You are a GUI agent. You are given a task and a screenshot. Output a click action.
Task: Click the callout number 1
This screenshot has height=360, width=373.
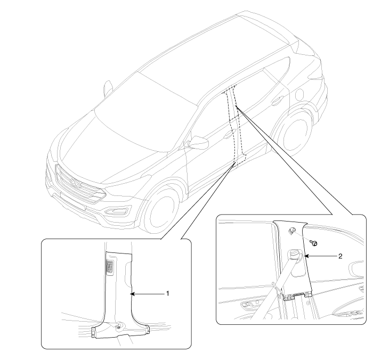click(167, 293)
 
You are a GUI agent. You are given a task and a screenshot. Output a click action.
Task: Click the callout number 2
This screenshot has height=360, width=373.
click(340, 256)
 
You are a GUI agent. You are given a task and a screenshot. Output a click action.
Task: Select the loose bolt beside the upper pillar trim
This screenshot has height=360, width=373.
click(314, 243)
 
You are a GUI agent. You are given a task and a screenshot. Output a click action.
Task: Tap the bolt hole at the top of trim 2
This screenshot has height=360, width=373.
click(291, 230)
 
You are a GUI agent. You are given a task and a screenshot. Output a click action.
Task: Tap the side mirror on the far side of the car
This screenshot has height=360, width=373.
click(109, 88)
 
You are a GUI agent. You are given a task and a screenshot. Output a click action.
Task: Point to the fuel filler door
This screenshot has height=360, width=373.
click(299, 94)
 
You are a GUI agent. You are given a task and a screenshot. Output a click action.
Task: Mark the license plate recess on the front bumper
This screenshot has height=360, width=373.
click(72, 202)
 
